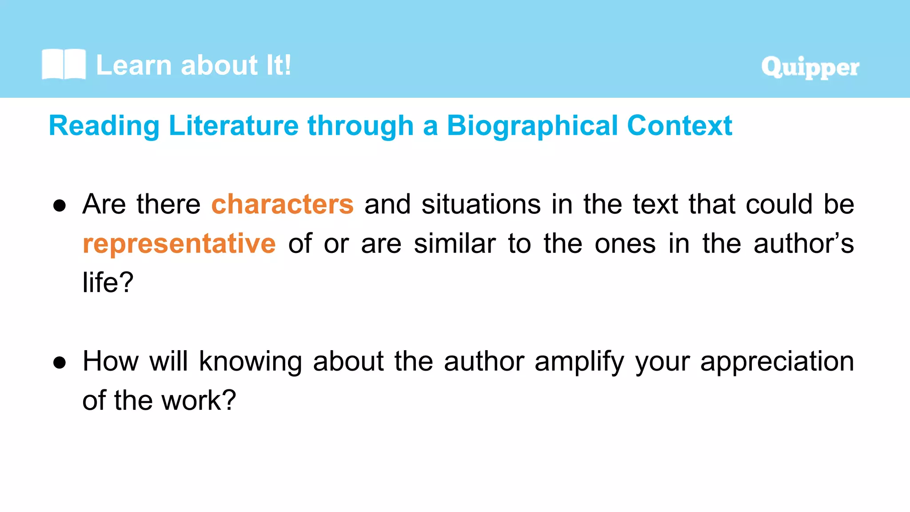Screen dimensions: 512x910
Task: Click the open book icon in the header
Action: coord(64,64)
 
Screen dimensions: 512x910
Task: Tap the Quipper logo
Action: coord(810,68)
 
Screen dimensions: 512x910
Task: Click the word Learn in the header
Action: coord(134,65)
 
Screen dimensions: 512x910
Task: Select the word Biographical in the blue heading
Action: coord(532,126)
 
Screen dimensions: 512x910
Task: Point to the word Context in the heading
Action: coord(679,126)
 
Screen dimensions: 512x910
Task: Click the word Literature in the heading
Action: coord(234,126)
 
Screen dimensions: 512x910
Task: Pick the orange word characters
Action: coord(282,204)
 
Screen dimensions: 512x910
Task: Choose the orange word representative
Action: coord(179,244)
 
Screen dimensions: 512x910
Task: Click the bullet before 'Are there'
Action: coord(60,205)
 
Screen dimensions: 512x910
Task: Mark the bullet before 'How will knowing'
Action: coord(60,363)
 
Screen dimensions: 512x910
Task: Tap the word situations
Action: coord(481,204)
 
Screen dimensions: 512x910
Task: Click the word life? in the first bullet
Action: coord(108,282)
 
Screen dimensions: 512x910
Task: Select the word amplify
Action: coord(579,361)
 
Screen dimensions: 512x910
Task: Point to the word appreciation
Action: coord(777,361)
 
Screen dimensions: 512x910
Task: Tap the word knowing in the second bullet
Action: coord(250,361)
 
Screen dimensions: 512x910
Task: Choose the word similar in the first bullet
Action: coord(455,244)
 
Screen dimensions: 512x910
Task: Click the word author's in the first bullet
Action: coord(803,244)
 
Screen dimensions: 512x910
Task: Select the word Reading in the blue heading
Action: coord(104,126)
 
